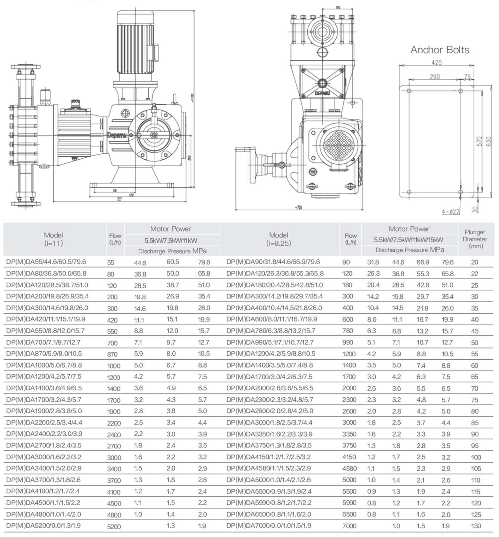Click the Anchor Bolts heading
[440, 50]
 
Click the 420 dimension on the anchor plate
[436, 62]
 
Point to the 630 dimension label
[488, 141]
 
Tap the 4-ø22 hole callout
[451, 211]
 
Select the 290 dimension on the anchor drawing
[435, 77]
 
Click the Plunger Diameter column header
[475, 239]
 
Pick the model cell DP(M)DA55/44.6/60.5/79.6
[46, 262]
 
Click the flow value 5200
[114, 527]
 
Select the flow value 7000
[349, 526]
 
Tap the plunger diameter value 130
[476, 526]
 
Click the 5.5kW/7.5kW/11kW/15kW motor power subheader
[409, 240]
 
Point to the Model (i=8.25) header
[278, 239]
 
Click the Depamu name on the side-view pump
[117, 135]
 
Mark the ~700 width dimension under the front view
[298, 207]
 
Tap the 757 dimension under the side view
[119, 199]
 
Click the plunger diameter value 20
[474, 262]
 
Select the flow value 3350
[349, 434]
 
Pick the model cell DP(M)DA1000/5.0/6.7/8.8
[44, 365]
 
